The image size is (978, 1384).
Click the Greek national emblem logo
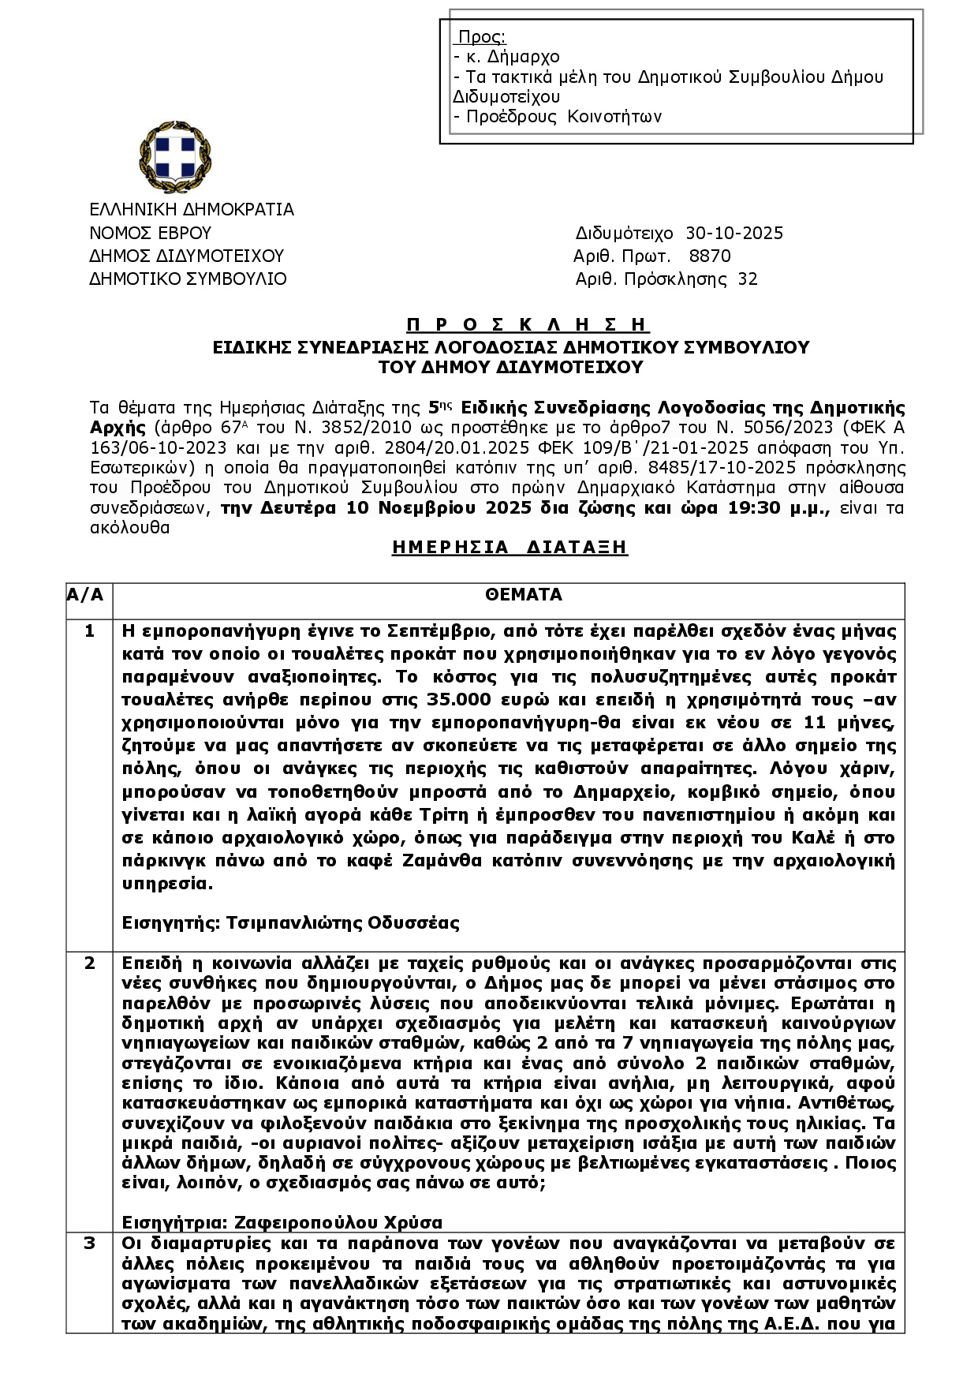coord(175,156)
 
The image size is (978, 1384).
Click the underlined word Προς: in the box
coord(481,37)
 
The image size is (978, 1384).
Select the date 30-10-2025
coord(734,233)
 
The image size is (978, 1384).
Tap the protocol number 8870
coord(710,256)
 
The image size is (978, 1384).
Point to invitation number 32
coord(747,279)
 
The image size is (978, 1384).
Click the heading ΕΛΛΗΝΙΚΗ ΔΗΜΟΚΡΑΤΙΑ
coord(191,209)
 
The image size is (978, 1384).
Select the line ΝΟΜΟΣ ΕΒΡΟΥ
coord(150,233)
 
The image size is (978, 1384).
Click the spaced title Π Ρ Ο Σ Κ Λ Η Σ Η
coord(528,325)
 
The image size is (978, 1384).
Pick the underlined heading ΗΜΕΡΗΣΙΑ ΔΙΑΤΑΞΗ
coord(510,547)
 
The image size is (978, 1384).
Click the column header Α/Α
coord(85,594)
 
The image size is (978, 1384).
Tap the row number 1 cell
coord(89,631)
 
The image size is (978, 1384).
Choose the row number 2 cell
coord(89,963)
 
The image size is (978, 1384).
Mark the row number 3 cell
coord(89,1244)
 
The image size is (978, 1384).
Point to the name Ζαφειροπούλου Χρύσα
coord(338,1222)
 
